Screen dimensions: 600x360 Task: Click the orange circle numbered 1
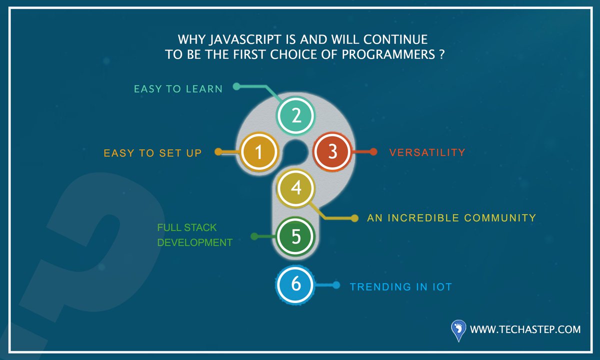coord(259,152)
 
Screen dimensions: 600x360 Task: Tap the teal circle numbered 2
coord(295,115)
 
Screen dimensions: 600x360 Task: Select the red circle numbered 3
coord(332,151)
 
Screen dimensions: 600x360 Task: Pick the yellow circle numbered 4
coord(295,188)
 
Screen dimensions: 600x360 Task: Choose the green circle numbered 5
coord(295,236)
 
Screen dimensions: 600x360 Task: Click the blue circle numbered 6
coord(295,284)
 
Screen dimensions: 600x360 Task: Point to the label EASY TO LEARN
coord(178,89)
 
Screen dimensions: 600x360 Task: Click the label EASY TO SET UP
coord(152,153)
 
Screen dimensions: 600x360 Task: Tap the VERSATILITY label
coord(427,152)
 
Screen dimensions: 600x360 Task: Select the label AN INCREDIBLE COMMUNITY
coord(451,218)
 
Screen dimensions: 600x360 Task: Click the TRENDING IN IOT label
coord(401,287)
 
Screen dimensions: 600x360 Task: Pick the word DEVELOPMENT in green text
coord(194,242)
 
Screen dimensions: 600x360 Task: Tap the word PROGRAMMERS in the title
coord(388,54)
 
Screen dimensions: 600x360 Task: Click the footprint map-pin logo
coord(458,330)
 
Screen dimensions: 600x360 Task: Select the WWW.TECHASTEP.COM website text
coord(525,329)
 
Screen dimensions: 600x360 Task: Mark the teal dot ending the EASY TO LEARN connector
coord(236,86)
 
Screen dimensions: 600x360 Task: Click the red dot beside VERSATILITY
coord(373,152)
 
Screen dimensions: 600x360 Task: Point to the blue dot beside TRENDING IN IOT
coord(336,285)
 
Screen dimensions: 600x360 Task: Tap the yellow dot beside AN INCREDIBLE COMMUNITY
coord(354,218)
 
